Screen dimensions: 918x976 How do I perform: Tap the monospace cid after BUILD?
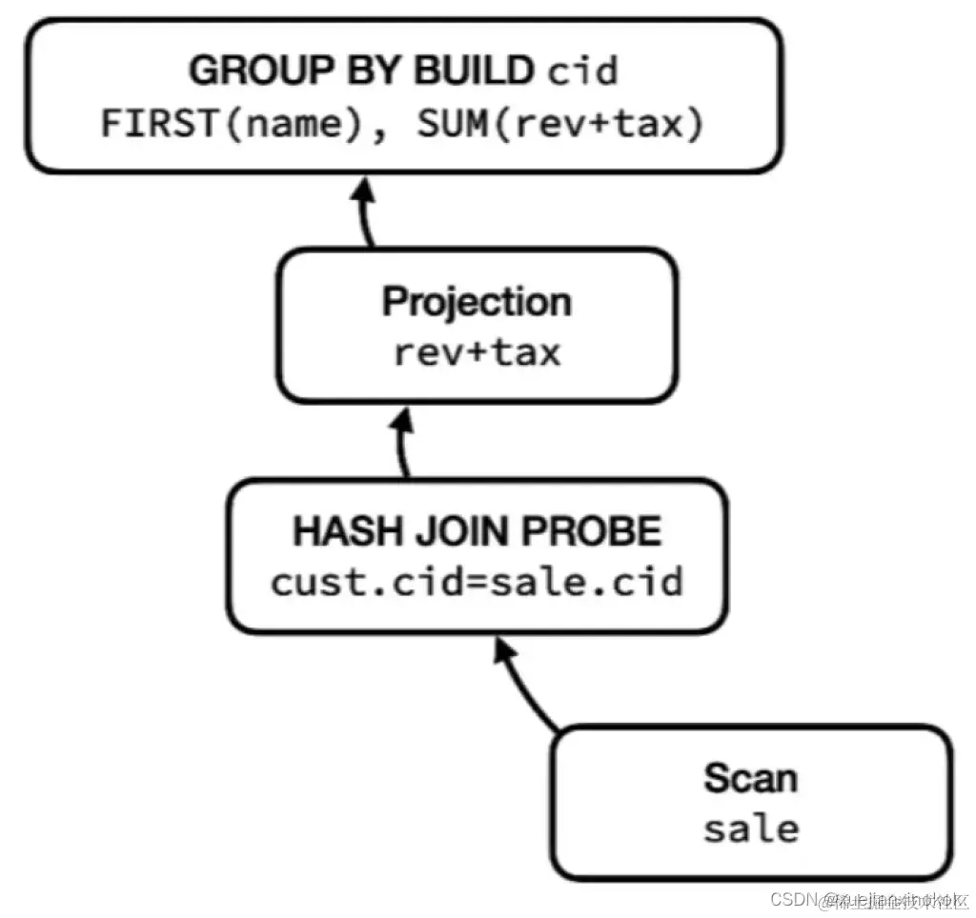[x=581, y=71]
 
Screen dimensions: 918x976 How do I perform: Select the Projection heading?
[x=477, y=302]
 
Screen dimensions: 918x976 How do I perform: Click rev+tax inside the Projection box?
[x=477, y=352]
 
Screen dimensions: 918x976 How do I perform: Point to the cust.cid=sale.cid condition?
[x=477, y=581]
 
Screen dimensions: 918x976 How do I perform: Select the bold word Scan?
[x=750, y=778]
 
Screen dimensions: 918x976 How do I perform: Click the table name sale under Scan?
[x=750, y=828]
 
